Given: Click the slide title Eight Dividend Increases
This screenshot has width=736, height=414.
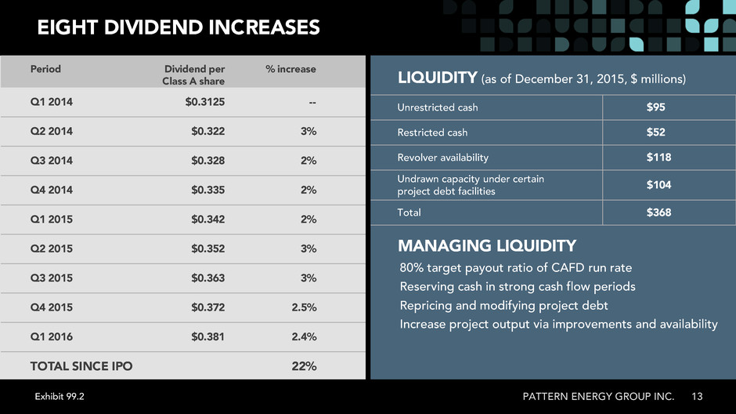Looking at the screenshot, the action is point(179,27).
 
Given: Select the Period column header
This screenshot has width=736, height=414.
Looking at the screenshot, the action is point(45,69).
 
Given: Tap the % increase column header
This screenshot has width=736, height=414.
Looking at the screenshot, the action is point(290,69).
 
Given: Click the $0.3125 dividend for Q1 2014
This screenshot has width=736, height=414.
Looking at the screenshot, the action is point(204,101).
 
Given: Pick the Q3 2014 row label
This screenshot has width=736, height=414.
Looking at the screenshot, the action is point(51,160).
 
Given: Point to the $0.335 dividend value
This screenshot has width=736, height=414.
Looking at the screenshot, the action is point(208,190).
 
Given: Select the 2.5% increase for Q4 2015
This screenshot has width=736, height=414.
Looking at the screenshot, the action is point(304,307).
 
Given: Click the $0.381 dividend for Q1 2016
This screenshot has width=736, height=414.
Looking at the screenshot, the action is point(208,336).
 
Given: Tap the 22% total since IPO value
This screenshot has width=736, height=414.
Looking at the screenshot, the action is point(304,366).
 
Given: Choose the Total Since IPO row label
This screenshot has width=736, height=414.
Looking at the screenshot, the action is point(81,366).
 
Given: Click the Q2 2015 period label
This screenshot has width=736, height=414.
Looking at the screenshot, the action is point(51,249).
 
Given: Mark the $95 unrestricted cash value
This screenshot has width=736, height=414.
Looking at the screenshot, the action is point(655,107).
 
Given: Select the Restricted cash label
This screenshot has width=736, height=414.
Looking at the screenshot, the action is point(432,133).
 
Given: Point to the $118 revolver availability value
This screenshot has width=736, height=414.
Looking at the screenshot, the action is point(658,157).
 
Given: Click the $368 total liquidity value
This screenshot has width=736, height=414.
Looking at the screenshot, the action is point(658,212).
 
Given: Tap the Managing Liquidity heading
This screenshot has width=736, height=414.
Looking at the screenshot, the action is point(487,245).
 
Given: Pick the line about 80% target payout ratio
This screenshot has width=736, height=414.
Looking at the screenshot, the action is point(516,268).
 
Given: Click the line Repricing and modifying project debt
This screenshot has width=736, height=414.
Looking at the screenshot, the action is point(503,306).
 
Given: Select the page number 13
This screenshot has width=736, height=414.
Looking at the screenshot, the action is point(697,397).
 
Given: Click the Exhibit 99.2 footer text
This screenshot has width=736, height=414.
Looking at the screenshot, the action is point(60,397).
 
